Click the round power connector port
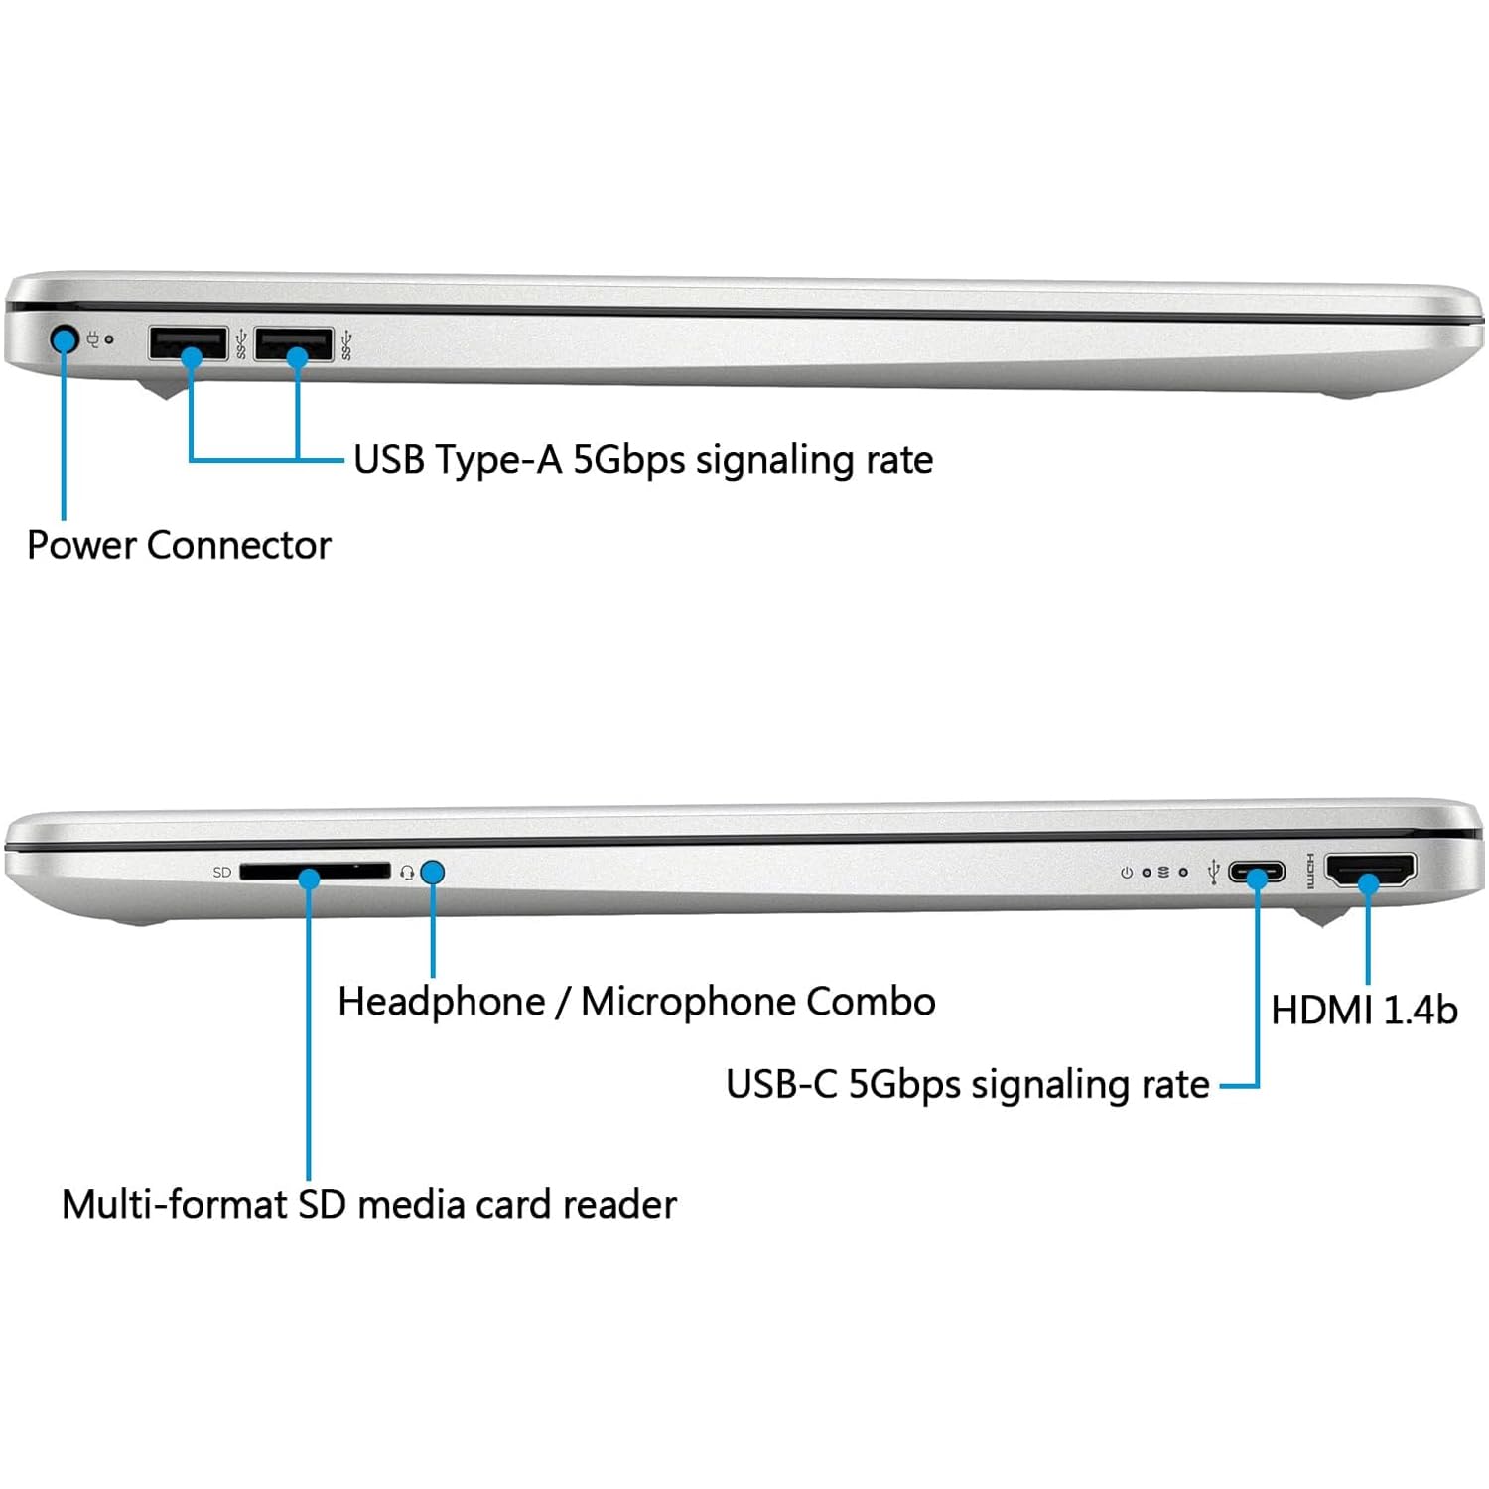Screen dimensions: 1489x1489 tap(65, 340)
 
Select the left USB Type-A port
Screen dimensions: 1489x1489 tap(189, 343)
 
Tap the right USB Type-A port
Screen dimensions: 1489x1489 tap(294, 343)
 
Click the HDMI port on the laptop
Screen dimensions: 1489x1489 tap(1371, 870)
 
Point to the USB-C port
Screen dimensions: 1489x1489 tap(1257, 873)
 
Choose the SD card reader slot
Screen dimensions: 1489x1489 tap(315, 872)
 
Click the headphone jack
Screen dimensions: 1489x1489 tap(432, 873)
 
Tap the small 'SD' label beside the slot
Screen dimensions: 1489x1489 tap(222, 873)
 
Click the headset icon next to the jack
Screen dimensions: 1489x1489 tap(407, 874)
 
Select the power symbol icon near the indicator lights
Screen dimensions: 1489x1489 tap(1126, 873)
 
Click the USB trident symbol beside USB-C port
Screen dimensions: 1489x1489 tap(1213, 873)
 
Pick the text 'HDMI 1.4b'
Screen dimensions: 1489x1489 tap(1364, 1011)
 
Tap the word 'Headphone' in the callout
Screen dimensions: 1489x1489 tap(442, 1002)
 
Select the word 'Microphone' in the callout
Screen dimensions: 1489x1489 tap(688, 1002)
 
